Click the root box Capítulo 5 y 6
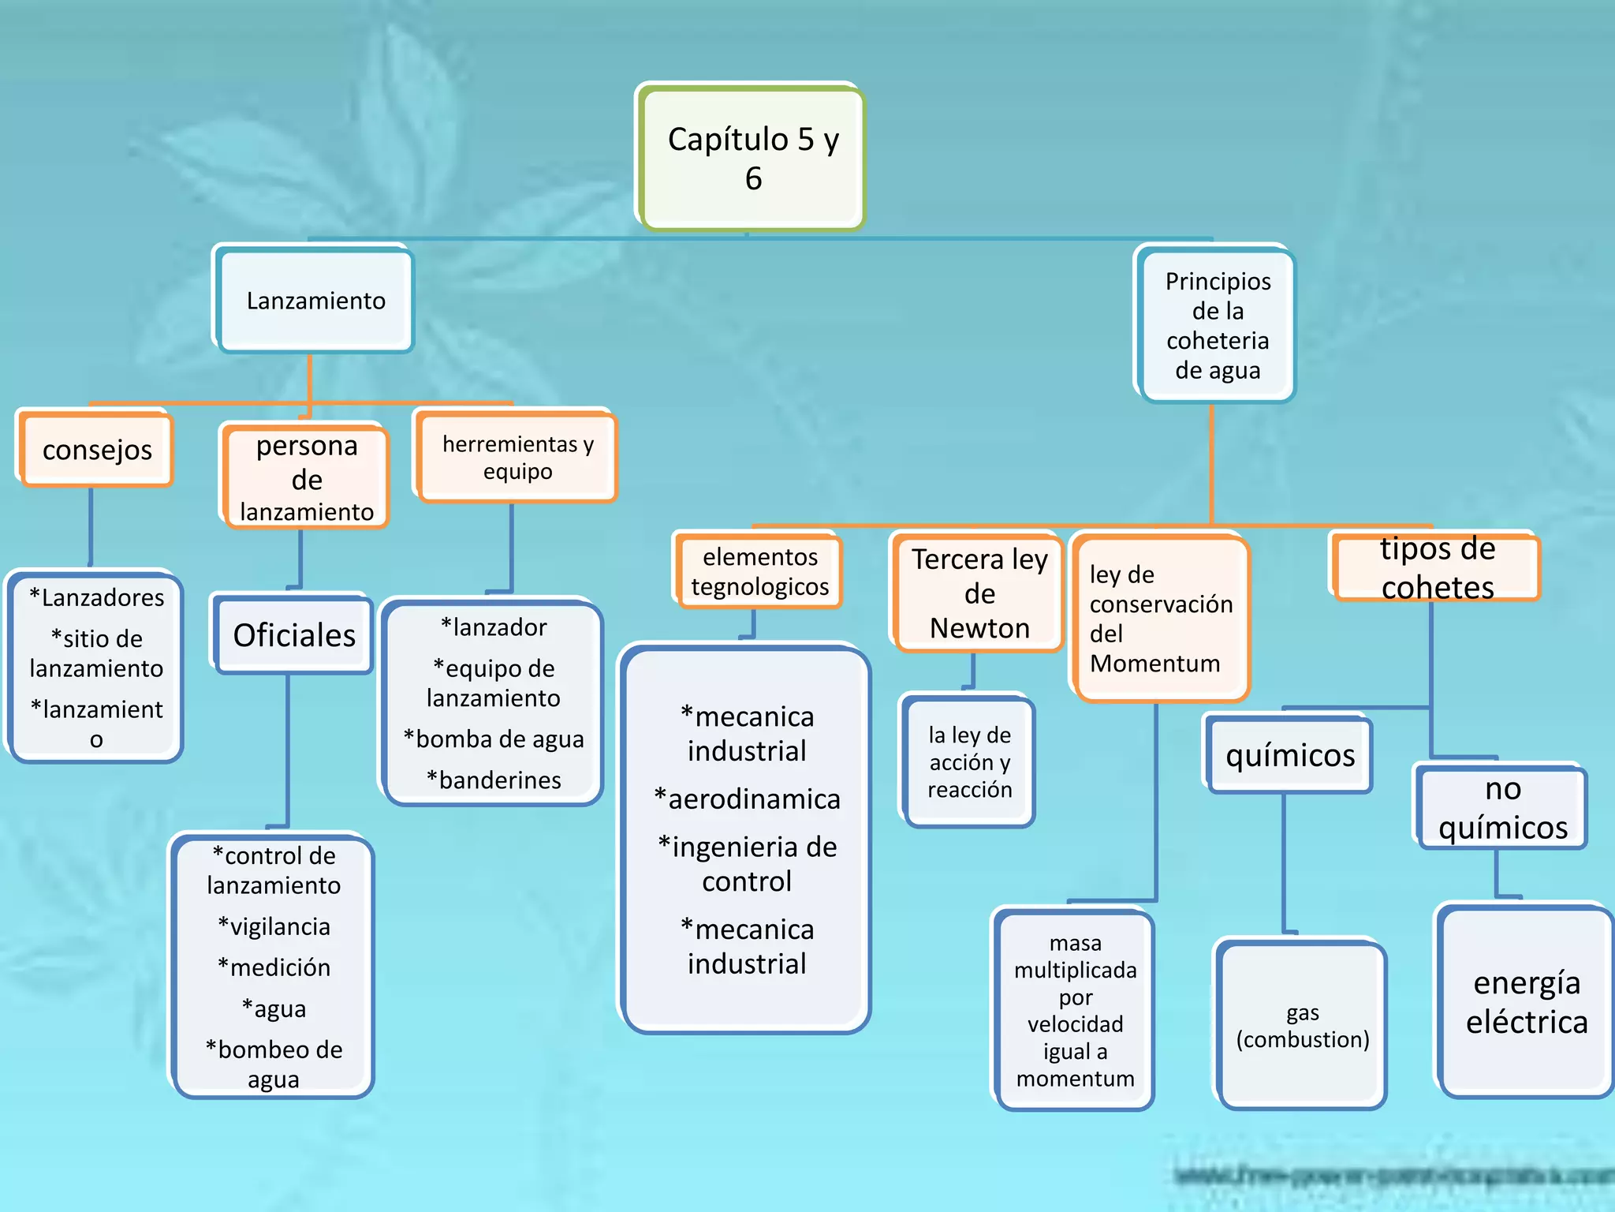point(752,158)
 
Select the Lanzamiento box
point(315,301)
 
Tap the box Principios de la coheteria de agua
point(1217,325)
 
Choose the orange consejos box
point(96,450)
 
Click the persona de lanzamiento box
point(306,477)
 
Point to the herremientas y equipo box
point(517,457)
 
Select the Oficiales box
point(293,635)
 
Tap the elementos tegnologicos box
point(759,571)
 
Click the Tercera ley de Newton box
point(979,593)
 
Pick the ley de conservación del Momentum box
point(1160,619)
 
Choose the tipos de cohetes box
point(1436,568)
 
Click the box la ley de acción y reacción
point(969,761)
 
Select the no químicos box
point(1502,808)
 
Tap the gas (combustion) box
point(1302,1026)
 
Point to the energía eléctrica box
point(1526,1002)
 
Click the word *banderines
point(494,780)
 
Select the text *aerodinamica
point(747,799)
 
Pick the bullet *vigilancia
point(274,926)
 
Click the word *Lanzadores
point(96,597)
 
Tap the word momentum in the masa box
point(1075,1078)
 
